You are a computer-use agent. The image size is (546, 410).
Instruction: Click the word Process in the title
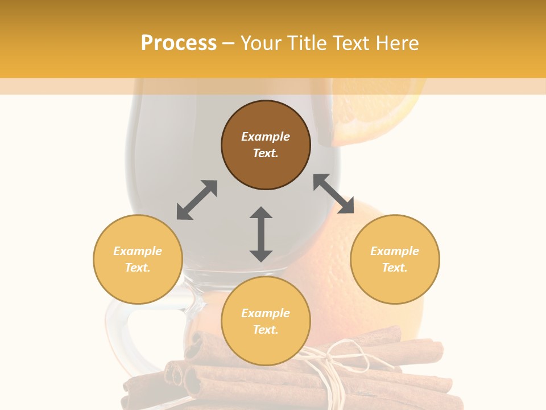tap(179, 43)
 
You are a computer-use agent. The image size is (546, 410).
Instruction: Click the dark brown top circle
tap(266, 145)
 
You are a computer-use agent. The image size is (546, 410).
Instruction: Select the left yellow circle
tap(138, 259)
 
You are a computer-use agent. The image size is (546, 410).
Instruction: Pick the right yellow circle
tap(395, 259)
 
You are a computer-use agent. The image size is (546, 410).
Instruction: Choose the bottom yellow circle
tap(266, 321)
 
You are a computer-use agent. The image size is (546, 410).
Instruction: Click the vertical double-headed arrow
tap(261, 234)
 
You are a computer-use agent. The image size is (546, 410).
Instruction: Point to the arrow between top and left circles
tap(197, 199)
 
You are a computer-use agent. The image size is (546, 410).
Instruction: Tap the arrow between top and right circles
tap(334, 194)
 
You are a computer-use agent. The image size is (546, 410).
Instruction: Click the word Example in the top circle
tap(266, 137)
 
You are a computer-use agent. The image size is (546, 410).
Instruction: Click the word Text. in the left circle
tap(138, 268)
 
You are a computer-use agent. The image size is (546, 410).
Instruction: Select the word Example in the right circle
tap(395, 251)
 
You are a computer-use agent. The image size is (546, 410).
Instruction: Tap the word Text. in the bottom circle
tap(266, 330)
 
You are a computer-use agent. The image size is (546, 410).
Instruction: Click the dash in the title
tap(229, 43)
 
